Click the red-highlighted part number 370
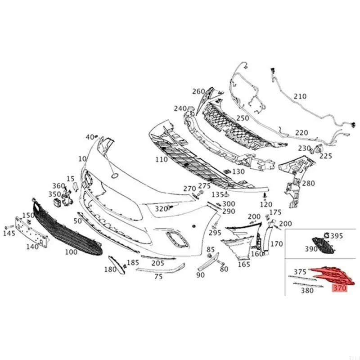coord(338,288)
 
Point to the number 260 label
coord(198,91)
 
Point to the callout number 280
coord(309,184)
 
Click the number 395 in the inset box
coord(336,235)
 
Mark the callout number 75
coord(158,277)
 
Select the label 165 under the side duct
coord(243,265)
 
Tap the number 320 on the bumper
coord(161,209)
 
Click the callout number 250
coord(255,118)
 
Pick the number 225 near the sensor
coord(325,156)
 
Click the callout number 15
coord(70,179)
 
